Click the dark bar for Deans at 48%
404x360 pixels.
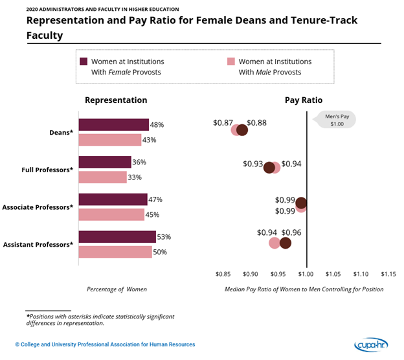click(113, 125)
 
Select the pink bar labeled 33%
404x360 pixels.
click(102, 177)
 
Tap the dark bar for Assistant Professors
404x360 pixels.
click(117, 237)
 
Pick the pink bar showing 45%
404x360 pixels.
click(111, 214)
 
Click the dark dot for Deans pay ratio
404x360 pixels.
click(242, 130)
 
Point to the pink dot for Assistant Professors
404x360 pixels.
click(275, 243)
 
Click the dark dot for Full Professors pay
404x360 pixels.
click(269, 168)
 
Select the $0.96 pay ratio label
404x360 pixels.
click(291, 232)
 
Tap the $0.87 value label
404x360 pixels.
click(223, 122)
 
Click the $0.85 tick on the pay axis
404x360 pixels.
click(223, 273)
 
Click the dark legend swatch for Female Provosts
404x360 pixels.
click(84, 62)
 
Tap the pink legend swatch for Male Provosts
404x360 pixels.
click(230, 62)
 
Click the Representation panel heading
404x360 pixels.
click(116, 100)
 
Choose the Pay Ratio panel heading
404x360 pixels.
click(304, 100)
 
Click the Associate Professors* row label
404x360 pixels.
click(38, 207)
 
